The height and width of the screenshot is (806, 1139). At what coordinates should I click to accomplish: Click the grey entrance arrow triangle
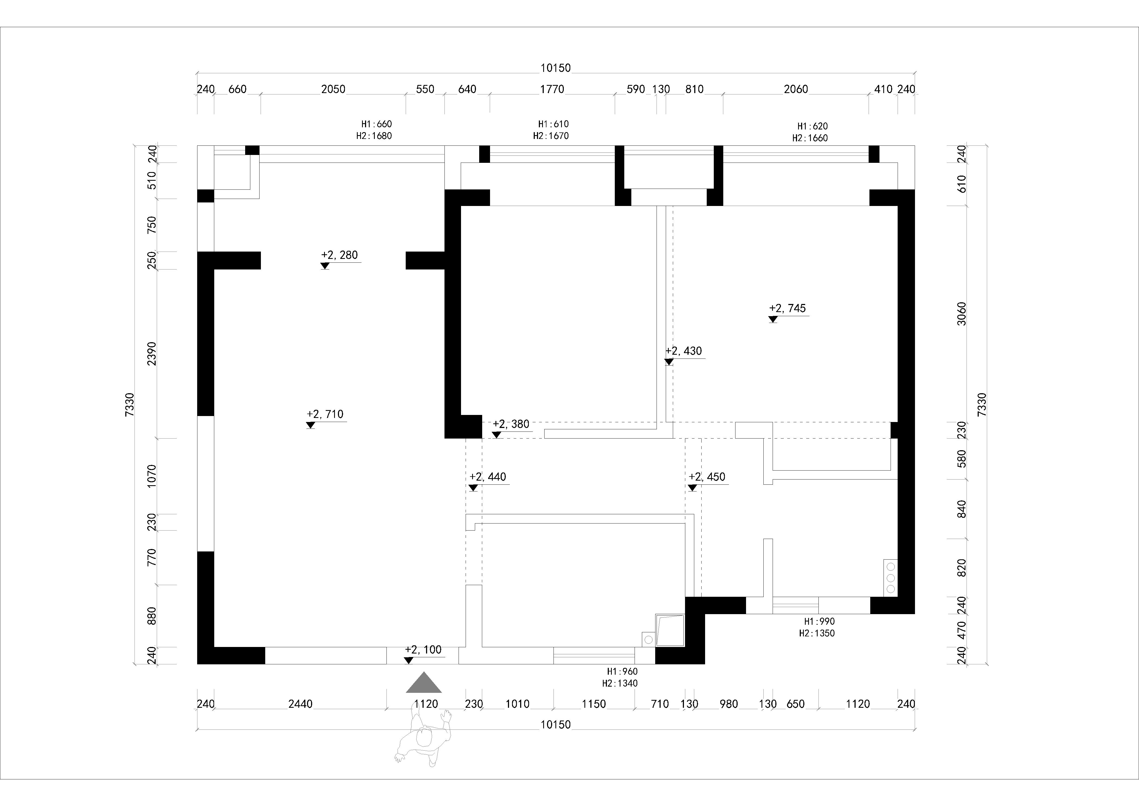tap(424, 683)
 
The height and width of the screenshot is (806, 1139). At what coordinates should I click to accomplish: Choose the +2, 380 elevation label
tap(511, 424)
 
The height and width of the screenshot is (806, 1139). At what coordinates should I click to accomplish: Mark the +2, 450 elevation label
tap(707, 477)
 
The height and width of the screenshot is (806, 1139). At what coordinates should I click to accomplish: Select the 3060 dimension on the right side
tap(961, 314)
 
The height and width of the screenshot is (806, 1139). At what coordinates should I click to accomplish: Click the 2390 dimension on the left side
tap(152, 353)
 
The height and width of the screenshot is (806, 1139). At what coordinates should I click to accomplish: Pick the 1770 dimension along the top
tap(552, 89)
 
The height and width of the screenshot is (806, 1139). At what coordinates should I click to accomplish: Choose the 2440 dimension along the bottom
tap(301, 704)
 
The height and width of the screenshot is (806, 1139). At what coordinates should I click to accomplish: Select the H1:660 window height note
tap(376, 124)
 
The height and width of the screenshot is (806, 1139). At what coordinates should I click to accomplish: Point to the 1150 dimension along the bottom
tap(594, 704)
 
